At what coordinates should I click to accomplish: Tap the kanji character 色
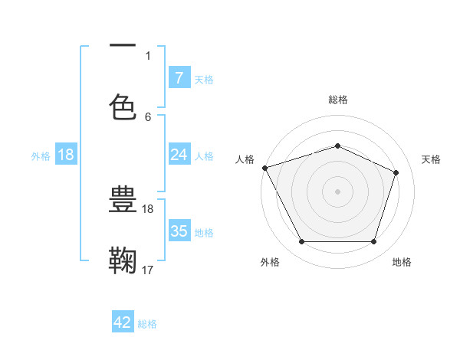pos(123,106)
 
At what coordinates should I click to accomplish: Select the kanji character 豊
pos(123,200)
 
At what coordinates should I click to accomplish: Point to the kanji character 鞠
pos(123,260)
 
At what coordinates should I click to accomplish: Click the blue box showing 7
pos(179,78)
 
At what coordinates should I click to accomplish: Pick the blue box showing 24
pos(179,155)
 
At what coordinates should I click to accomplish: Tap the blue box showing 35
pos(179,231)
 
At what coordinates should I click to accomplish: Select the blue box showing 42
pos(123,322)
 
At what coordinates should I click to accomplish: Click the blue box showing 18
pos(66,155)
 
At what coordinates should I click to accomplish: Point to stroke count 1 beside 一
pos(148,55)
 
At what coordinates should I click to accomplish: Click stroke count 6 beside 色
pos(148,117)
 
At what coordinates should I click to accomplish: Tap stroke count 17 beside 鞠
pos(148,270)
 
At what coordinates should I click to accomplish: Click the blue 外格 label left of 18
pos(41,156)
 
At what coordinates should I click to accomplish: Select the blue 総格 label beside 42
pos(148,324)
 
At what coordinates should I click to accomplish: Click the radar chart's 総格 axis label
pos(338,100)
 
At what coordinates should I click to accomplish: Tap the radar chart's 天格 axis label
pos(432,159)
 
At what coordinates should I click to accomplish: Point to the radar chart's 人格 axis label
pos(245,159)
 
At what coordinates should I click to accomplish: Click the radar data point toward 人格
pos(264,168)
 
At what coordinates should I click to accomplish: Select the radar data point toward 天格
pos(396,172)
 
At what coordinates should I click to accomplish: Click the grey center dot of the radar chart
pos(337,191)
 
